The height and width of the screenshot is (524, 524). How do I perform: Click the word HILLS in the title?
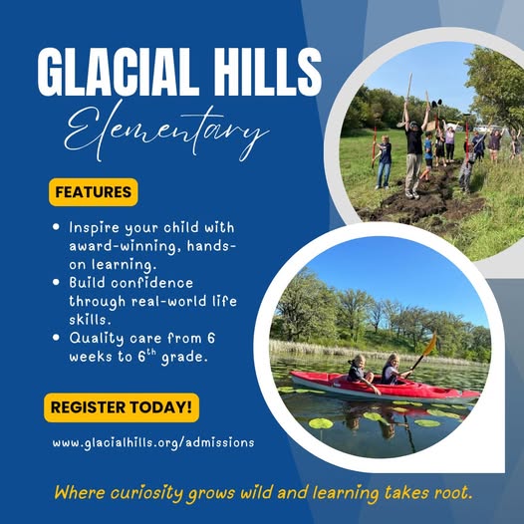point(267,72)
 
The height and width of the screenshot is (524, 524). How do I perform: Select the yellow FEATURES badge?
point(94,192)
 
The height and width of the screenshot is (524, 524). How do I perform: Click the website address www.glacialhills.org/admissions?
point(153,443)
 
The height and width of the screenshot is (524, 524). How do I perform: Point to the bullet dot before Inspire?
point(56,227)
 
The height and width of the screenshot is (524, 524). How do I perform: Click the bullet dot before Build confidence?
point(56,282)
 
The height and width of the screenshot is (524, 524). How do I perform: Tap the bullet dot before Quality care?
point(56,337)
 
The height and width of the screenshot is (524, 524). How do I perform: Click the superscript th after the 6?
point(151,353)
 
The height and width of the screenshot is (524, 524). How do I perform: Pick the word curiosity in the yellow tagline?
point(146,493)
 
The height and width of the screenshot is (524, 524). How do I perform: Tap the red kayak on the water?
point(385,388)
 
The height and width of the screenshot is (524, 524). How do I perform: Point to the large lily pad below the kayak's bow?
point(321,423)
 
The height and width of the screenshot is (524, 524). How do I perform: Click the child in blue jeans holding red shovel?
point(384,162)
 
